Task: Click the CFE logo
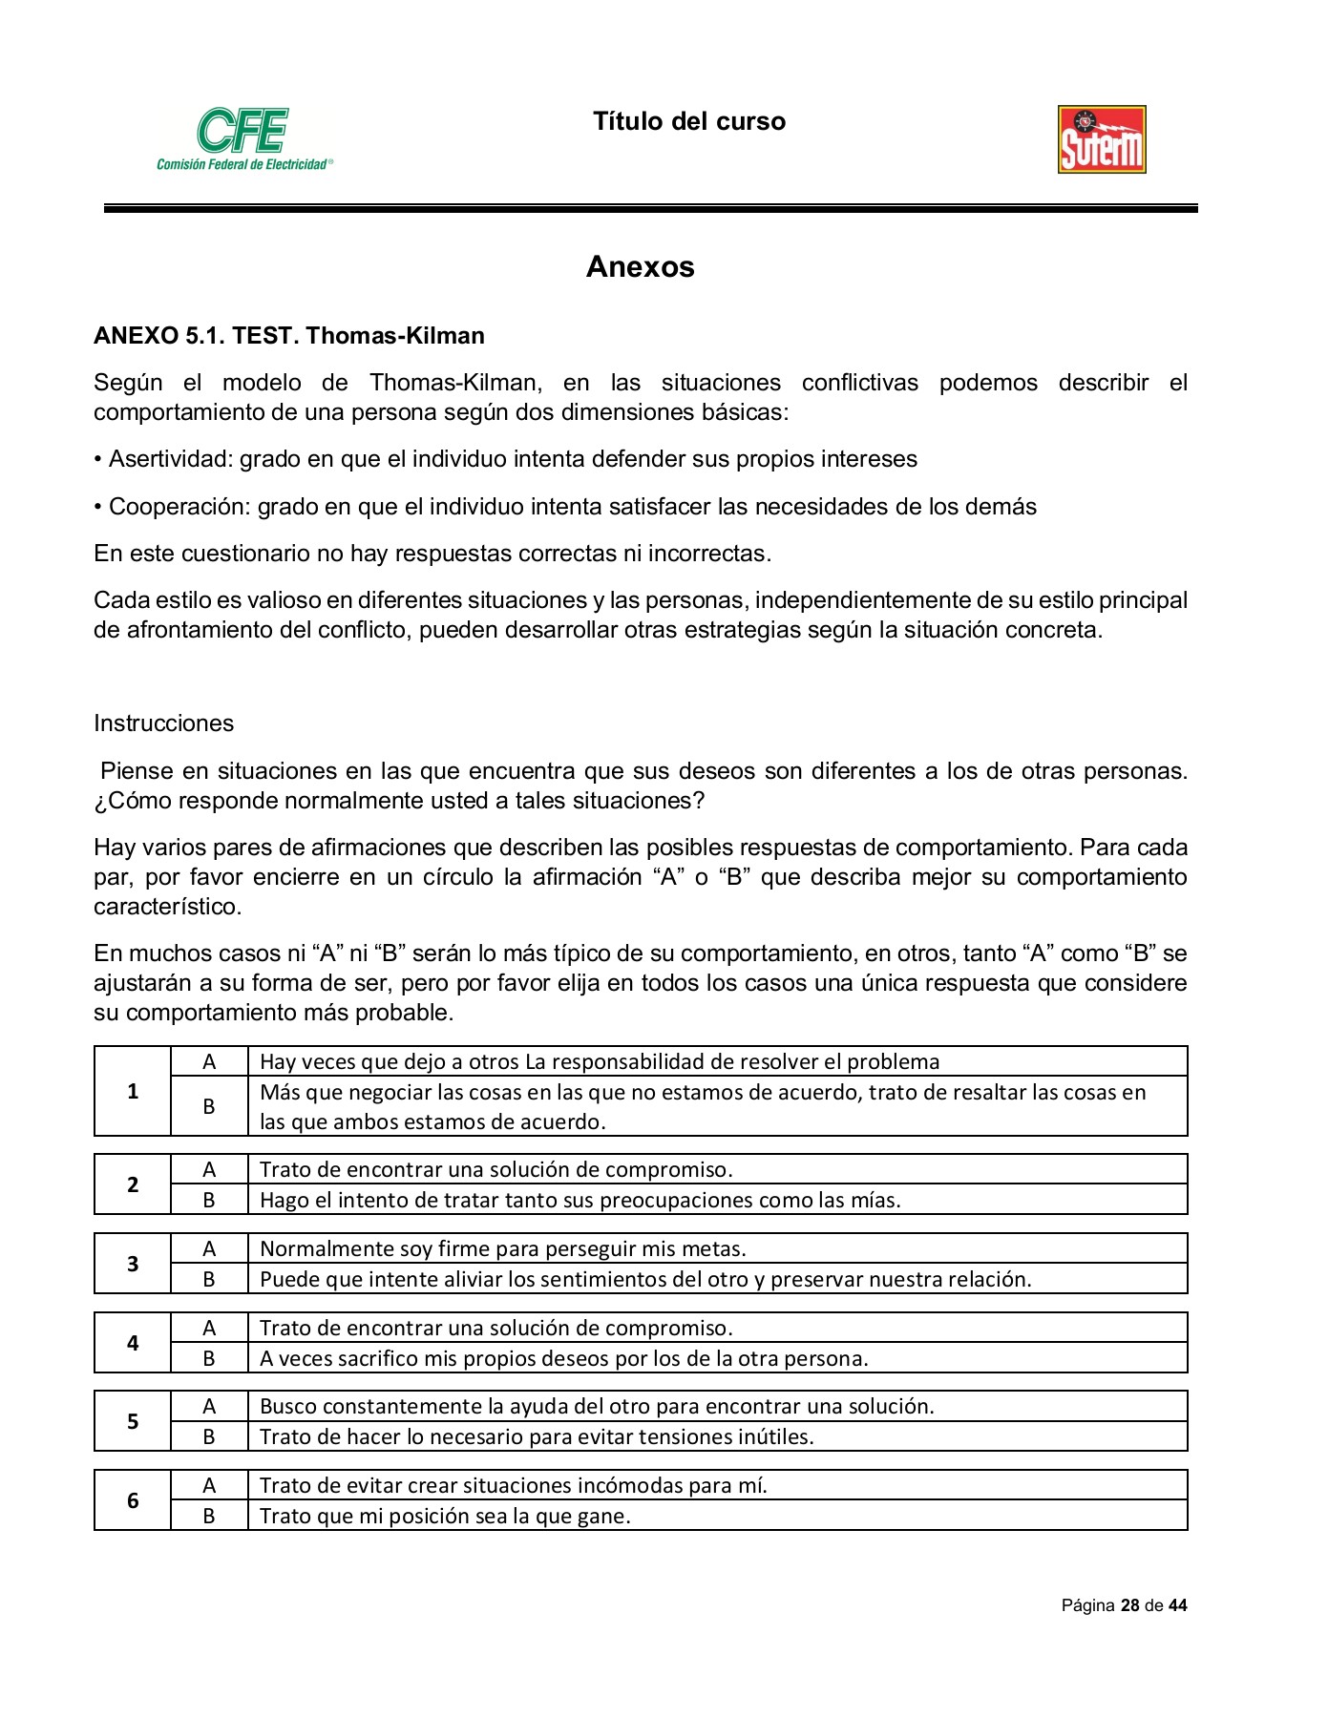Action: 243,138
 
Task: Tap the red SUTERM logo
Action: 1102,139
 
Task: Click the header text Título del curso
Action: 688,121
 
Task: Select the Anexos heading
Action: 640,266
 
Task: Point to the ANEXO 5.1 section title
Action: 288,336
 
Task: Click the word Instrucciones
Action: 163,723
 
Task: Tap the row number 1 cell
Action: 133,1091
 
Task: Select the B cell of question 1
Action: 209,1107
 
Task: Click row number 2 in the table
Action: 133,1184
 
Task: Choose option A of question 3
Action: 209,1248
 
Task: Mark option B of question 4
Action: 209,1358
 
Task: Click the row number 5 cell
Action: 133,1421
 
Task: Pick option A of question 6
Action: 209,1485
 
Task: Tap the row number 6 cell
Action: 133,1500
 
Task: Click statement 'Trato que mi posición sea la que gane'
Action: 445,1516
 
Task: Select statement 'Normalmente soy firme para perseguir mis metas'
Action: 502,1248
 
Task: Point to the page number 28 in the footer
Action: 1129,1605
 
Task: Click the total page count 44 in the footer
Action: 1177,1605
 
